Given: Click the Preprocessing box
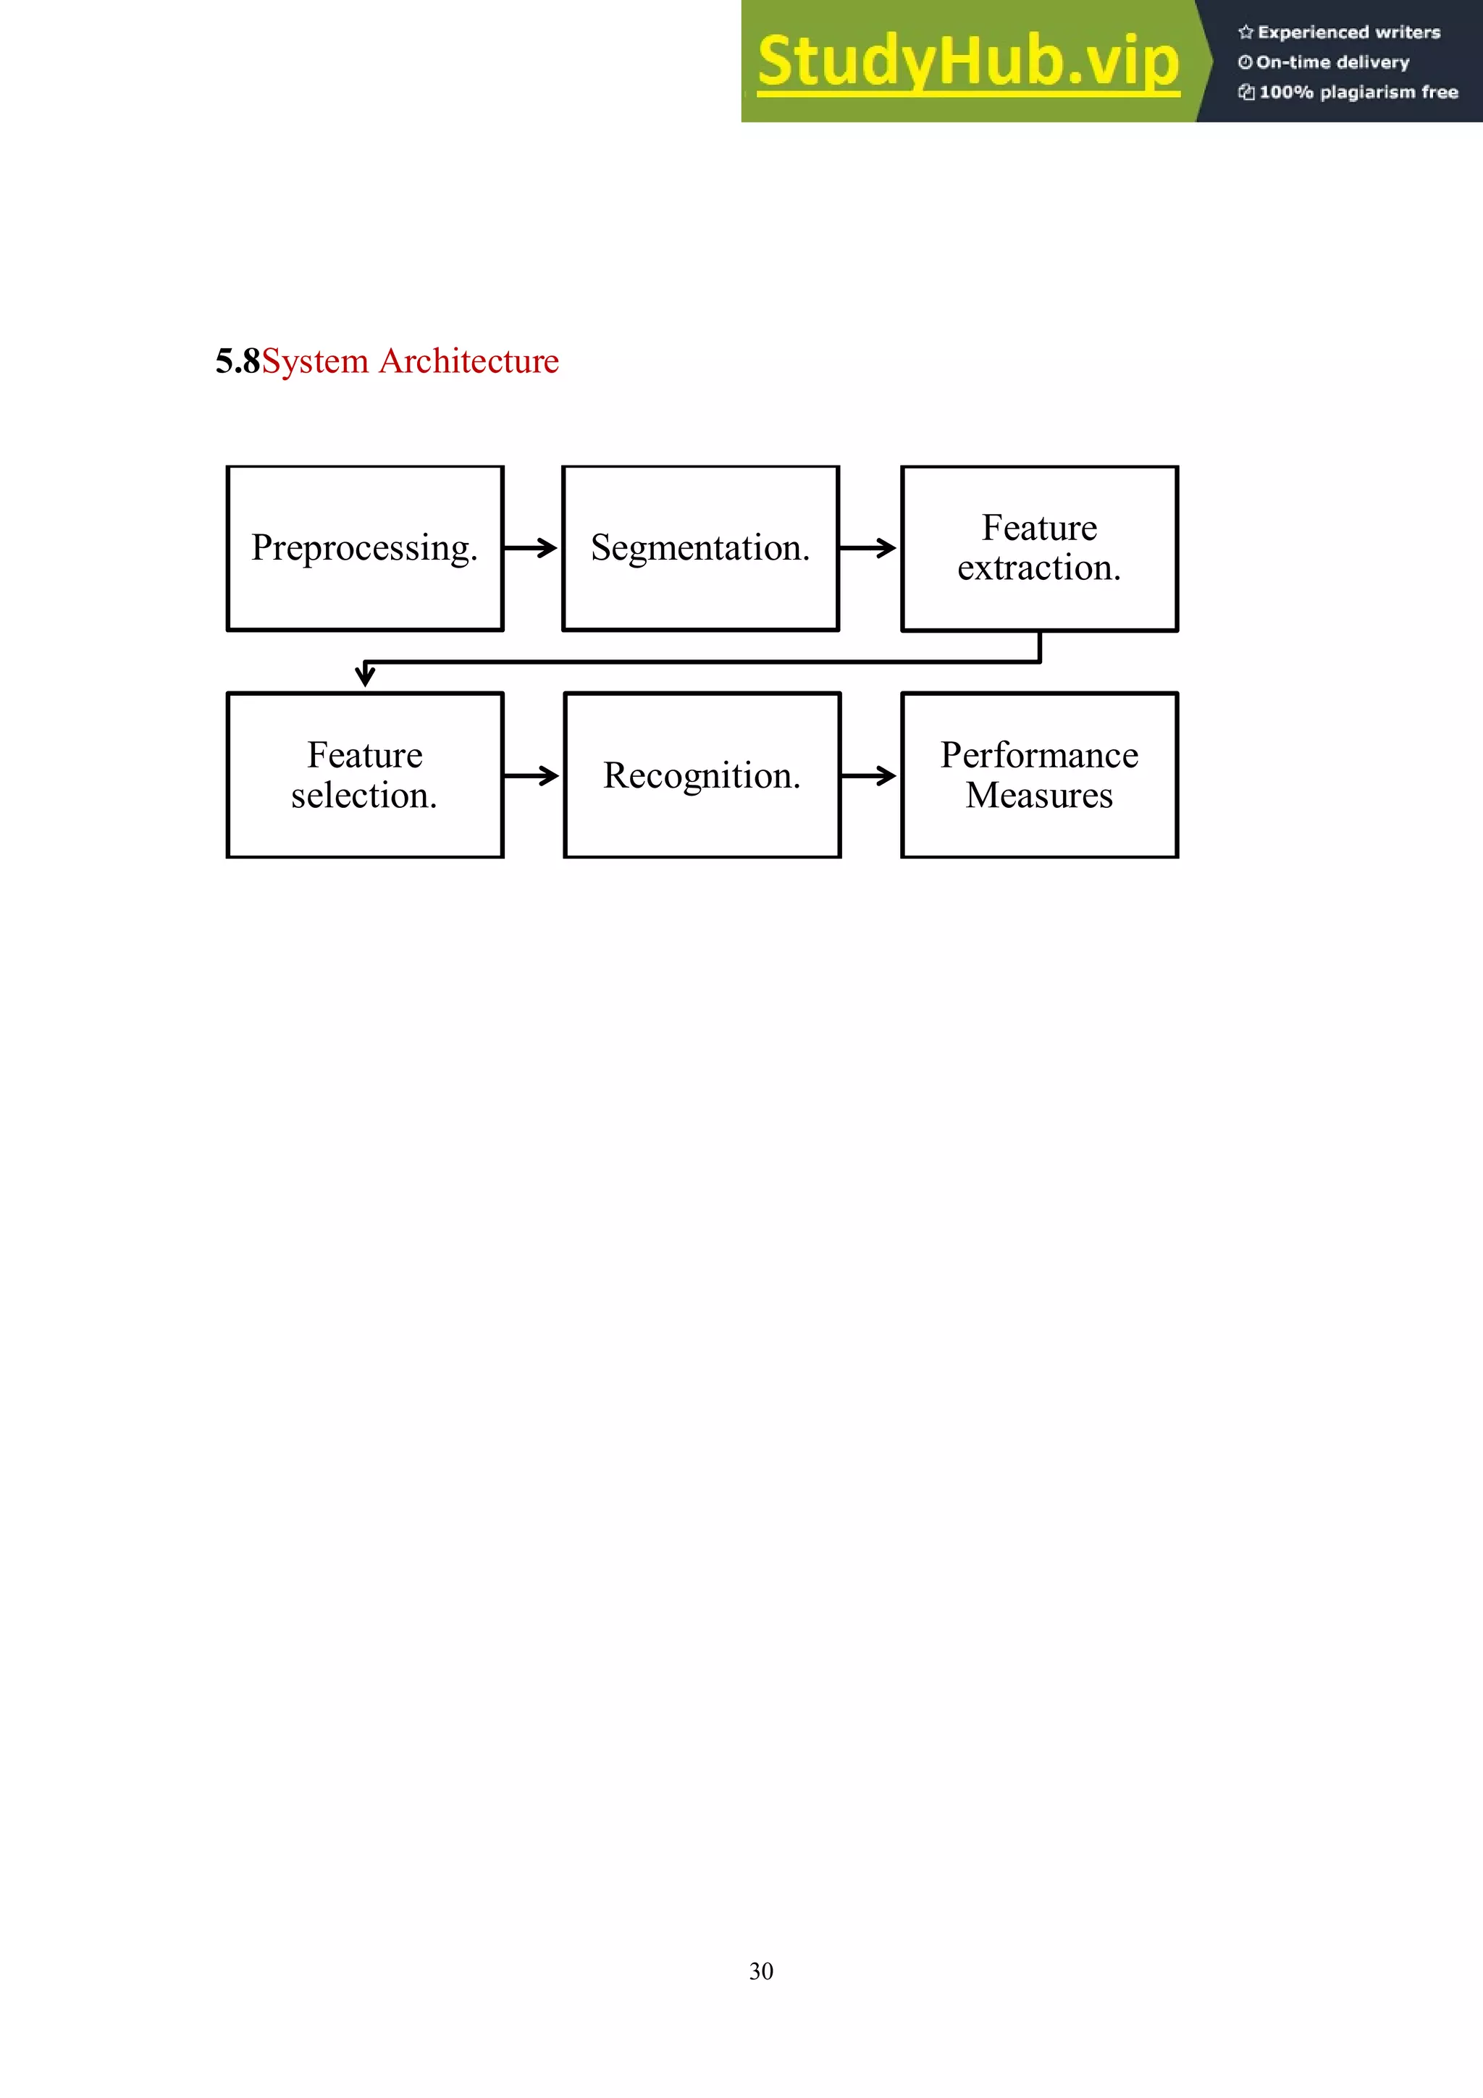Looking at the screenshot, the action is [x=364, y=548].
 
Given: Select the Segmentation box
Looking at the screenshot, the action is [x=700, y=548].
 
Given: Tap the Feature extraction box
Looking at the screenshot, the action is [x=1039, y=548].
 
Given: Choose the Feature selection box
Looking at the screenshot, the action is [x=364, y=775].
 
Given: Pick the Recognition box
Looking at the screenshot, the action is [x=702, y=775].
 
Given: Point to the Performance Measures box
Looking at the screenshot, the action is [x=1039, y=775].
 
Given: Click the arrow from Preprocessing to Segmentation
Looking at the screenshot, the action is [x=532, y=548].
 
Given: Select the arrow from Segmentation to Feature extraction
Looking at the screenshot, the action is [x=868, y=548].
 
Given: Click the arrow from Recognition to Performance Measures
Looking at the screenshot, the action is [x=869, y=776].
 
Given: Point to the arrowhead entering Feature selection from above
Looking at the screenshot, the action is [x=364, y=676].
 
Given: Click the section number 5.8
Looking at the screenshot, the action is [x=238, y=361].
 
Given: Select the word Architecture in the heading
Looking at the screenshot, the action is [x=469, y=361].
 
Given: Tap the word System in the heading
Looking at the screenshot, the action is [x=315, y=361].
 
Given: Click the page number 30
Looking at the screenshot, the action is [x=761, y=1971].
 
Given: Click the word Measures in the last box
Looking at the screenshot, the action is [x=1039, y=796].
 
